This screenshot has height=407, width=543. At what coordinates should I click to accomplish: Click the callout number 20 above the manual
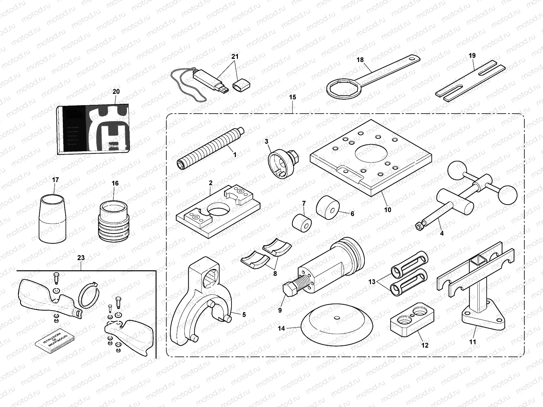pyautogui.click(x=116, y=92)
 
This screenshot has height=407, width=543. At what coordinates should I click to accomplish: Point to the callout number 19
pyautogui.click(x=472, y=56)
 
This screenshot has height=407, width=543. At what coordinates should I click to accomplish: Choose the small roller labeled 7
pyautogui.click(x=302, y=224)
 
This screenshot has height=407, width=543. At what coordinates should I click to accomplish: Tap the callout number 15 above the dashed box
pyautogui.click(x=293, y=97)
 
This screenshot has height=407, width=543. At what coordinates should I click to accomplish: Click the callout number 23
pyautogui.click(x=81, y=258)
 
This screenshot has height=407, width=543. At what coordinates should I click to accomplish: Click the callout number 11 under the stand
pyautogui.click(x=472, y=342)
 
